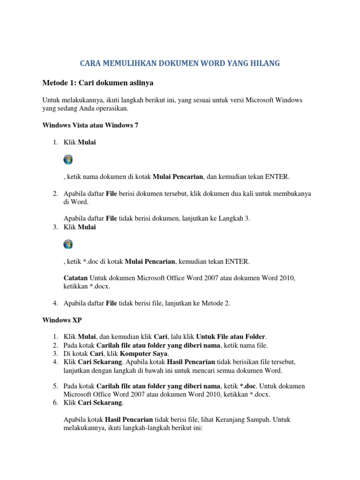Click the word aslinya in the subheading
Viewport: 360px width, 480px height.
(139, 83)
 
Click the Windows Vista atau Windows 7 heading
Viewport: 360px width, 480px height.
(90, 126)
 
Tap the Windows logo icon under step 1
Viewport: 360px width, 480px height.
(68, 159)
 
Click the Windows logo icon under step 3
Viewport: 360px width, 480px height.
(68, 244)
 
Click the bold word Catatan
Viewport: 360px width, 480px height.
(75, 278)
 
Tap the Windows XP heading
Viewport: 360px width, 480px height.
(62, 320)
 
